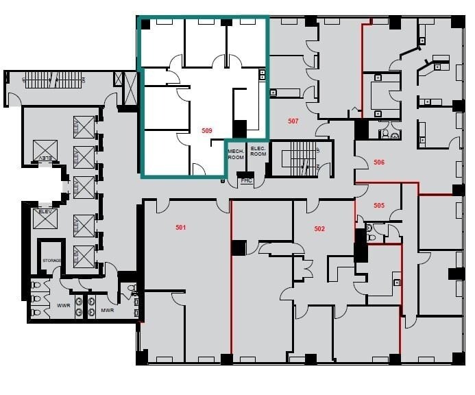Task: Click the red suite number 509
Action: point(206,130)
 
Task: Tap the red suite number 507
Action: point(293,121)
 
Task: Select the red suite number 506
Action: point(378,163)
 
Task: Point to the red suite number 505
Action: point(378,205)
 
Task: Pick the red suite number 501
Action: point(181,228)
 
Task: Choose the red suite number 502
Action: point(319,228)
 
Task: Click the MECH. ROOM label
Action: point(236,154)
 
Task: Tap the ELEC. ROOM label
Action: point(258,151)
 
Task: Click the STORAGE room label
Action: point(51,261)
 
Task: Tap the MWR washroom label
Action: point(107,309)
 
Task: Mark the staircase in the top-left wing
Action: point(59,80)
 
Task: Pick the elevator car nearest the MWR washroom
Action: point(84,256)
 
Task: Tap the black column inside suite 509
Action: point(239,128)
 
